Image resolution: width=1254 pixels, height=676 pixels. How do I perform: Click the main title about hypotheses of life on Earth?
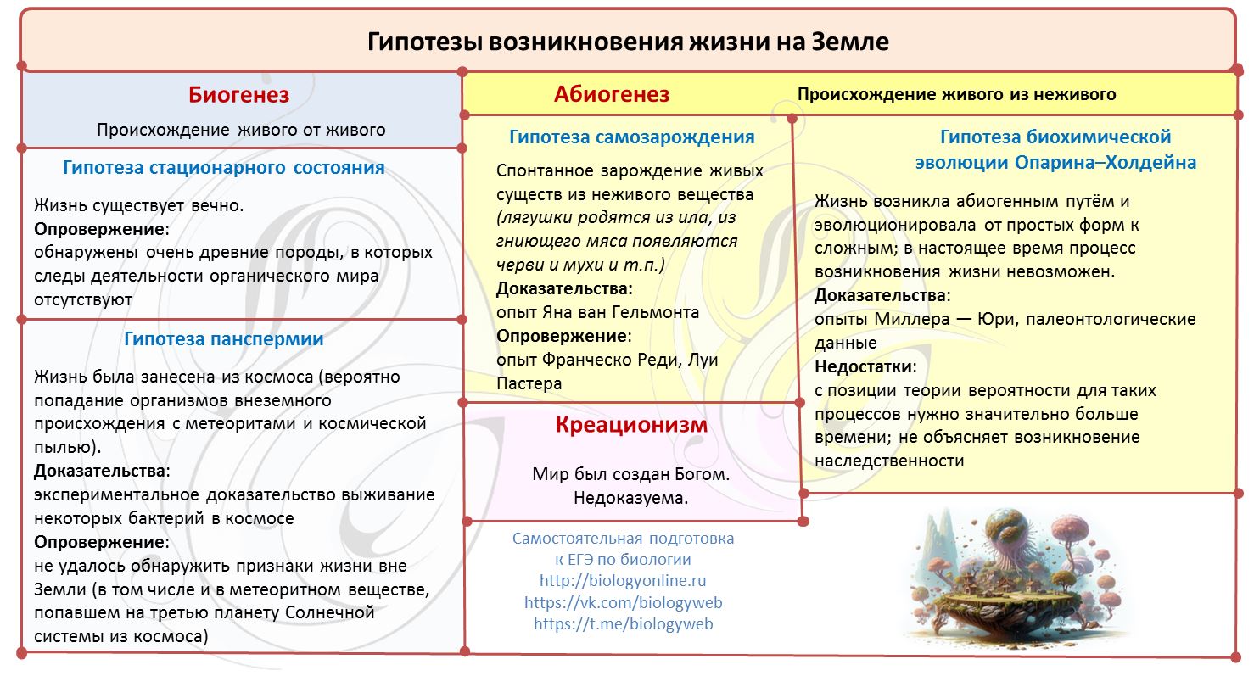coord(628,42)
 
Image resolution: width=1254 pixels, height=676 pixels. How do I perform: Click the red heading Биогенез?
coord(238,95)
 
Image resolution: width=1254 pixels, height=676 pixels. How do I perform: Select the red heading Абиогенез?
coord(611,94)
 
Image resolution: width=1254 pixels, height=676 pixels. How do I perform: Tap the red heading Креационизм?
coord(631,425)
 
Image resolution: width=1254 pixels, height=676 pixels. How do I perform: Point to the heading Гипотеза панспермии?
coord(224,339)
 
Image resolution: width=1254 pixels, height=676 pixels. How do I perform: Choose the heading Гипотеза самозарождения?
coord(631,137)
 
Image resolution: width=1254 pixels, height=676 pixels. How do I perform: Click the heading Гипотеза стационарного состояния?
coord(224,168)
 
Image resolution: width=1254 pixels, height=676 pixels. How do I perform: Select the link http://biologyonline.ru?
coord(623,581)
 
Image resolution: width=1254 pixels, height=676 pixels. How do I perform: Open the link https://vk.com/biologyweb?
coord(623,603)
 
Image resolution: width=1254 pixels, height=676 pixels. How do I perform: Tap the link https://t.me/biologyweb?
coord(623,624)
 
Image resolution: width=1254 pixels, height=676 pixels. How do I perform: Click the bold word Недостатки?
coord(865,367)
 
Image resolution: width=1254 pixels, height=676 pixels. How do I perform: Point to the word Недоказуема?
coord(630,499)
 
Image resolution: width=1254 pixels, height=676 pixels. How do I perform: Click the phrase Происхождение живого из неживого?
coord(956,94)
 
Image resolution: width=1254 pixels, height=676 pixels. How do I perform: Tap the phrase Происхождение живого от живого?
coord(241,131)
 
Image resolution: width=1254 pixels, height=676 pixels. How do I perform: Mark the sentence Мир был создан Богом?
coord(630,474)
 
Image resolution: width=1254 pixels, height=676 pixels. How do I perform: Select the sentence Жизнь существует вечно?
coord(139,205)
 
